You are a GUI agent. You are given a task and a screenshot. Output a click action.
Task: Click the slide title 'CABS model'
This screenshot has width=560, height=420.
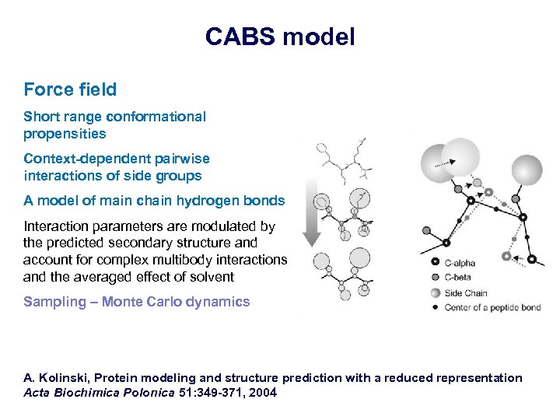point(280,37)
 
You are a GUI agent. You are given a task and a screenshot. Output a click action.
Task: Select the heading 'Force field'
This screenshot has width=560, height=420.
point(70,89)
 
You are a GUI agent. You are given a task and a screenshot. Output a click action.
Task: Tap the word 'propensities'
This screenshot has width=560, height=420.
point(65,133)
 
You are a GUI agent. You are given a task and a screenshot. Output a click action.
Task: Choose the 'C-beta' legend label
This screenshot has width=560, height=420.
point(458,278)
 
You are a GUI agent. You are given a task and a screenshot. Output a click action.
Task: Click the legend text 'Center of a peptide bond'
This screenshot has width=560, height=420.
point(492,307)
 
